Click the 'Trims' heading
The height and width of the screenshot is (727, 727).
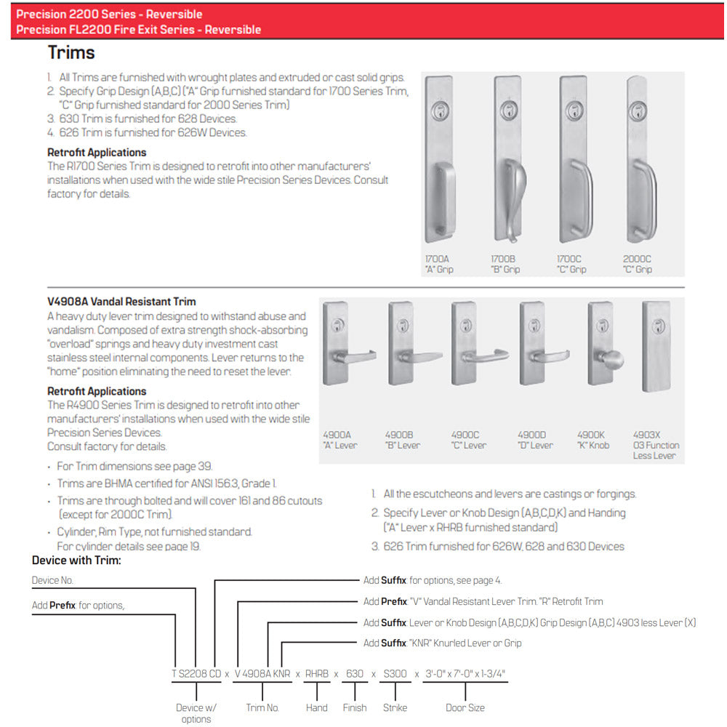coord(71,53)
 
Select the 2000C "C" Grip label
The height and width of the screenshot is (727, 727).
coord(638,264)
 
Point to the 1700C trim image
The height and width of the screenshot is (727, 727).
coord(573,160)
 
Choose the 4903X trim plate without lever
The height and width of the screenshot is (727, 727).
coord(656,346)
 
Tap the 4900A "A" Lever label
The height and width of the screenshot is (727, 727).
coord(340,441)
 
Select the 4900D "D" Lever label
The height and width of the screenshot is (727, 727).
coord(536,441)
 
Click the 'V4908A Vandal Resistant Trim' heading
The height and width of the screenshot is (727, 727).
coord(121,302)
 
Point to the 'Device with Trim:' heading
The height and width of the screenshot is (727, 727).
coord(76,561)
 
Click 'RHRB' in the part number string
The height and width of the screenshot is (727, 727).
coord(317,674)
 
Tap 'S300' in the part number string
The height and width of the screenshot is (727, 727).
coord(395,674)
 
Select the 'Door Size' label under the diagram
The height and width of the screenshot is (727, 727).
coord(465,707)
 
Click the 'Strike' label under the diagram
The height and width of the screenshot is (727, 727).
coord(395,707)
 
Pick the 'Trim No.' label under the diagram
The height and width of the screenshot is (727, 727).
coord(262,707)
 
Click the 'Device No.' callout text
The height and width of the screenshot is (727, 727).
coord(52,581)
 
